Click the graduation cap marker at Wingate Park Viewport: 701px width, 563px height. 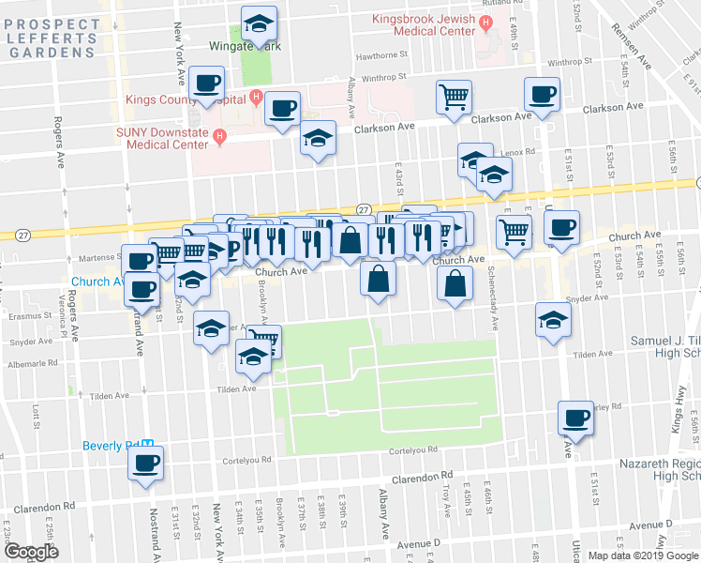tap(260, 23)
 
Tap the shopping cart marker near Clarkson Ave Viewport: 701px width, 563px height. tap(455, 97)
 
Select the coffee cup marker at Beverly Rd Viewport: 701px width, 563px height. tap(145, 463)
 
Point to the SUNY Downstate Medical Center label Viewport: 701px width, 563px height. tap(162, 138)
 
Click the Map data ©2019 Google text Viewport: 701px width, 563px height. tap(643, 555)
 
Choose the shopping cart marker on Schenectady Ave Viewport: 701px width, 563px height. tap(514, 231)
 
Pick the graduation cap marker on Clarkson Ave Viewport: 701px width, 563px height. tap(318, 138)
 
